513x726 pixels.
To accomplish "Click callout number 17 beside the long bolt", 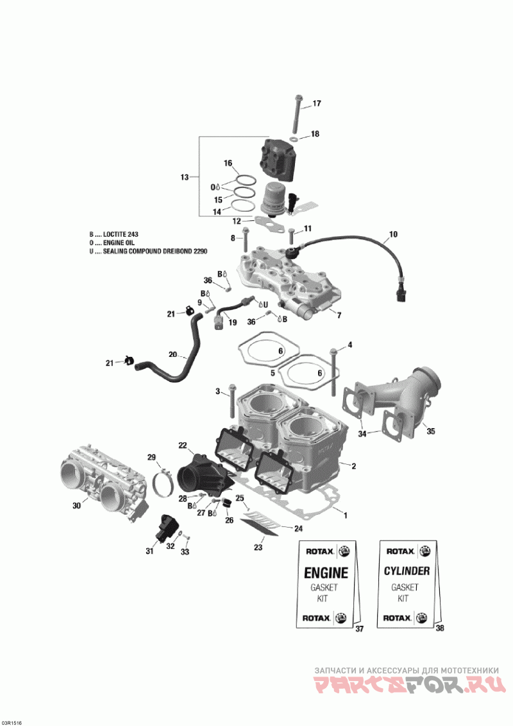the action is (x=316, y=104).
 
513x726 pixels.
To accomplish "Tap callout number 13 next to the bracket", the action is (x=185, y=177).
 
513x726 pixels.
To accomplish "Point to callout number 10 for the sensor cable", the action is (x=392, y=234).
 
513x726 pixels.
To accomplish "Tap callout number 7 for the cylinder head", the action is (x=339, y=315).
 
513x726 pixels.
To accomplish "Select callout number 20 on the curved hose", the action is (x=172, y=355).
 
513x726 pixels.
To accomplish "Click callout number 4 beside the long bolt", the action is (x=349, y=345).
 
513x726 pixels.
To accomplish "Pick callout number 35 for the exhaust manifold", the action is (x=431, y=431).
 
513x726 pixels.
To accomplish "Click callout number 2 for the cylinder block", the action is (x=354, y=466).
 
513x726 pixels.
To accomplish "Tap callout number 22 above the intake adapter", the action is (x=183, y=445).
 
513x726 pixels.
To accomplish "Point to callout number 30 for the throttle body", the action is (x=76, y=505).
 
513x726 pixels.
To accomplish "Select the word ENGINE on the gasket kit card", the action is (x=326, y=573).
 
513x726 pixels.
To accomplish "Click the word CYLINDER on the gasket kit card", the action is (x=407, y=571).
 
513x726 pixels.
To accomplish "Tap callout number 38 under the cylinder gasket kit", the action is (x=439, y=628).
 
